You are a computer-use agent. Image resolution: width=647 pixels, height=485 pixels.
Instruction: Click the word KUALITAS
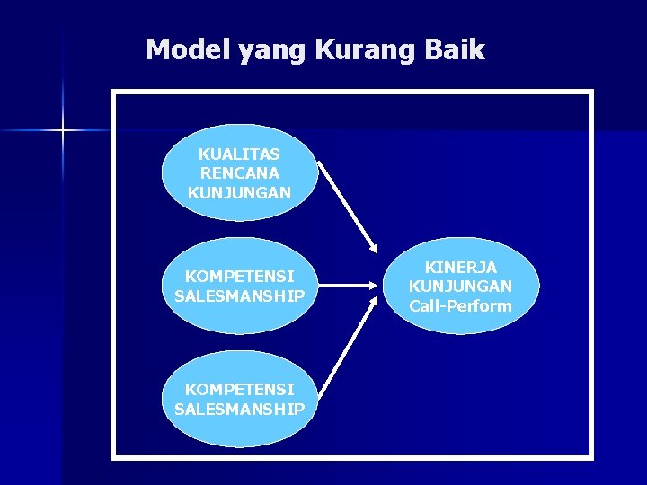239,154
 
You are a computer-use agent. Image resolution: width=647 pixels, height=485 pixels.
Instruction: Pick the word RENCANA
239,173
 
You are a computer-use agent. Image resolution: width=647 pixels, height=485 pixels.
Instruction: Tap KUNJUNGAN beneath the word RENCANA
239,192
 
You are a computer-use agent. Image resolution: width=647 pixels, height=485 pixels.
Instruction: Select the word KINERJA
460,267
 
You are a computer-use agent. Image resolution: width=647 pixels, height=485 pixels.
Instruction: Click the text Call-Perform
460,306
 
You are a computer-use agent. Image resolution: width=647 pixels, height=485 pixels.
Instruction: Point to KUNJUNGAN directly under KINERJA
460,287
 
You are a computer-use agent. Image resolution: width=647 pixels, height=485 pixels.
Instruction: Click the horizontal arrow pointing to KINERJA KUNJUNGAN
346,287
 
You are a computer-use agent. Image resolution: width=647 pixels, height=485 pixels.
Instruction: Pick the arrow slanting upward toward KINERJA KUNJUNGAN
347,349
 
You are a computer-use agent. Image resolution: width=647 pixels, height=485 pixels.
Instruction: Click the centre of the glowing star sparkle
63,132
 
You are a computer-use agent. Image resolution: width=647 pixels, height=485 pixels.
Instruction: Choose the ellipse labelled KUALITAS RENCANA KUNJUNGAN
239,172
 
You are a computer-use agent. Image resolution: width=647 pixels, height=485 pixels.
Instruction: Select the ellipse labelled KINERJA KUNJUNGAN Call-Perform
460,287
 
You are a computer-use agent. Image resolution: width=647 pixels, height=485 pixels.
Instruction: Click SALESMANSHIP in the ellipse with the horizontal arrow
239,295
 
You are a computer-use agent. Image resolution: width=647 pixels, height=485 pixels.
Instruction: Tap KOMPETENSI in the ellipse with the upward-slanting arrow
239,390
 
